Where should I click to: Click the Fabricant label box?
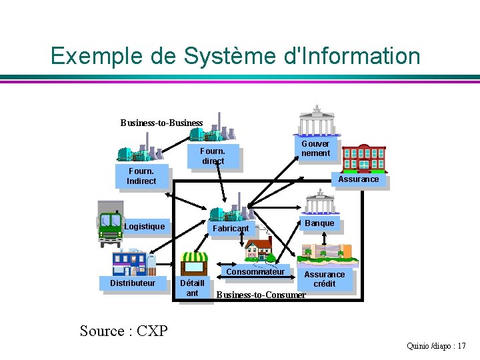pyautogui.click(x=231, y=228)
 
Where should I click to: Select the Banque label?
pyautogui.click(x=319, y=223)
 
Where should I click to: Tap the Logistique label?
pyautogui.click(x=145, y=226)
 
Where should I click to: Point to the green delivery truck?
pyautogui.click(x=111, y=224)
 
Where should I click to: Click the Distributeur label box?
pyautogui.click(x=133, y=283)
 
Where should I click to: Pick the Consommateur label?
pyautogui.click(x=255, y=271)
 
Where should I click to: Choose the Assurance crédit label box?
pyautogui.click(x=325, y=279)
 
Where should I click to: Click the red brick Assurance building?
pyautogui.click(x=364, y=159)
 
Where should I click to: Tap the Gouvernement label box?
pyautogui.click(x=315, y=148)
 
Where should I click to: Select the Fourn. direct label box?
pyautogui.click(x=213, y=156)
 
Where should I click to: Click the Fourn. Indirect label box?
pyautogui.click(x=142, y=176)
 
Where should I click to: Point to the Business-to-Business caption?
pyautogui.click(x=161, y=123)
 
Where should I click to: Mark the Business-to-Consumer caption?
pyautogui.click(x=261, y=295)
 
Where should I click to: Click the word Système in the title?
pyautogui.click(x=229, y=56)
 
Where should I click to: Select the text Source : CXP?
pyautogui.click(x=124, y=331)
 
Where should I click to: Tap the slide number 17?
pyautogui.click(x=461, y=346)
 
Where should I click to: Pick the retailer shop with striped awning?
pyautogui.click(x=194, y=263)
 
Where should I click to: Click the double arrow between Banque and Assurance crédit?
pyautogui.click(x=325, y=239)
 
